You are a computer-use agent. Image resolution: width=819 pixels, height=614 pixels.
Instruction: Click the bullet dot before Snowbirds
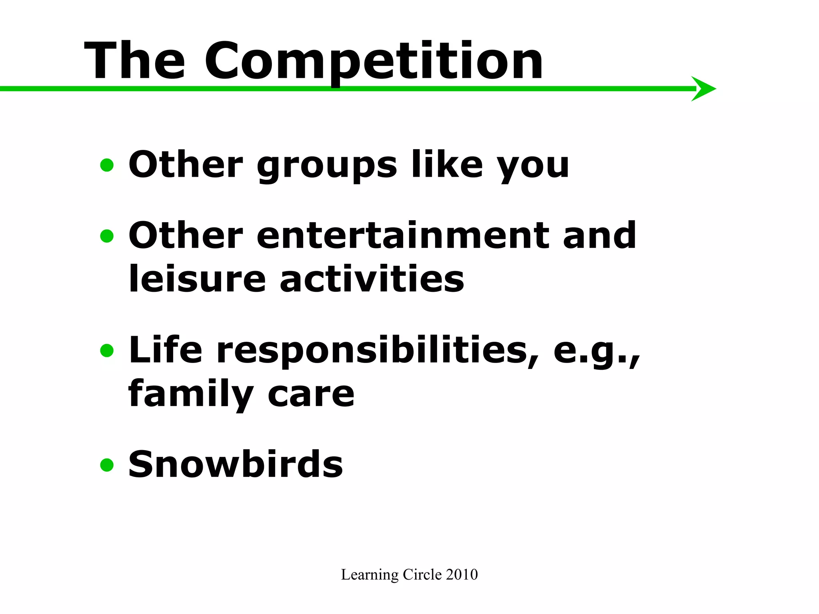coord(107,465)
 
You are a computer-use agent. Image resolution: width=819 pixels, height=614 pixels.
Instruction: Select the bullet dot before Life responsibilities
coord(107,351)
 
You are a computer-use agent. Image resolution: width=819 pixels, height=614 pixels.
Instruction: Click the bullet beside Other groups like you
coord(107,165)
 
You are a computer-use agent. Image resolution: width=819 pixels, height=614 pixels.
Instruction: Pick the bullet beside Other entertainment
coord(107,236)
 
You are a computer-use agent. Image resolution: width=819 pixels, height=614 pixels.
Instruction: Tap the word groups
coord(327,165)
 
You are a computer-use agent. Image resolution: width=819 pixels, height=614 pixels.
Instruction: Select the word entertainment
coord(402,236)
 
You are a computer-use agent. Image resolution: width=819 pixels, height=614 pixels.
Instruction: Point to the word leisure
coord(197,279)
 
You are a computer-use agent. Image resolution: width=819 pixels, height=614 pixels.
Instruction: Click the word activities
coord(372,279)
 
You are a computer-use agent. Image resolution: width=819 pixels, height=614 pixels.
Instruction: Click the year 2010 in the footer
coord(462,574)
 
